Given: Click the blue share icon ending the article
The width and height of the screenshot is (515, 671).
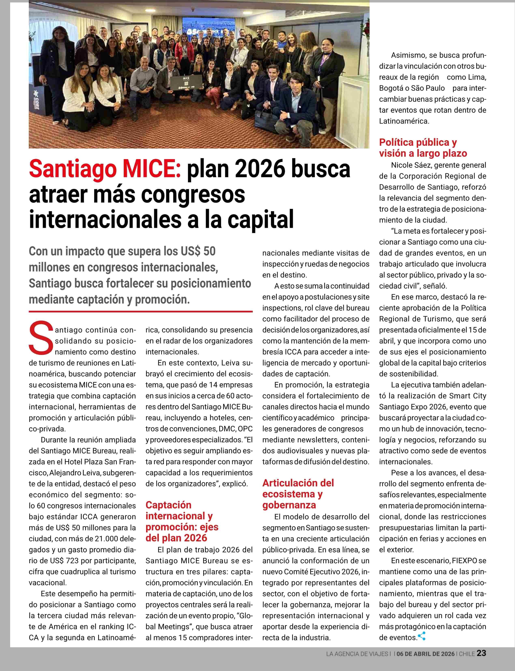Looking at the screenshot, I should coord(422,636).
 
